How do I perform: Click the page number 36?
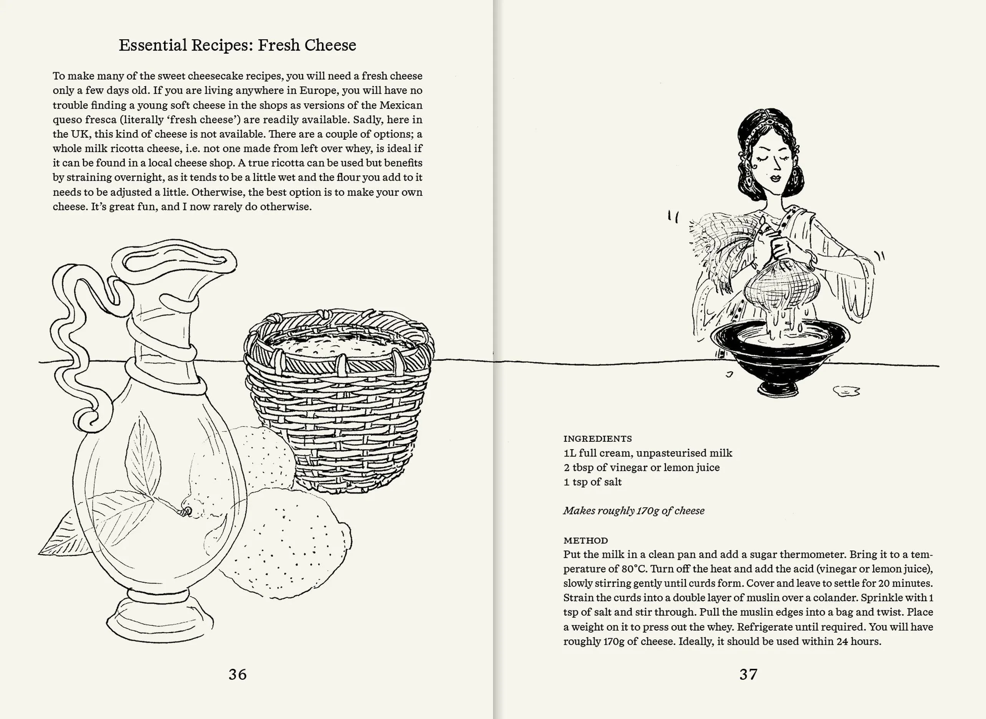(x=237, y=674)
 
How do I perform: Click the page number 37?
(x=748, y=674)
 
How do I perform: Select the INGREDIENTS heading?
(x=597, y=439)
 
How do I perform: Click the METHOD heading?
(x=586, y=540)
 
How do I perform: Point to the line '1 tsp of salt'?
(x=592, y=482)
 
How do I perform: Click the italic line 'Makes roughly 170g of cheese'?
(x=634, y=511)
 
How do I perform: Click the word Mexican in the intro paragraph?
(x=400, y=105)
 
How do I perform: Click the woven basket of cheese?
(x=337, y=400)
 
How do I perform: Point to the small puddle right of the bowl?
(x=846, y=391)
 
